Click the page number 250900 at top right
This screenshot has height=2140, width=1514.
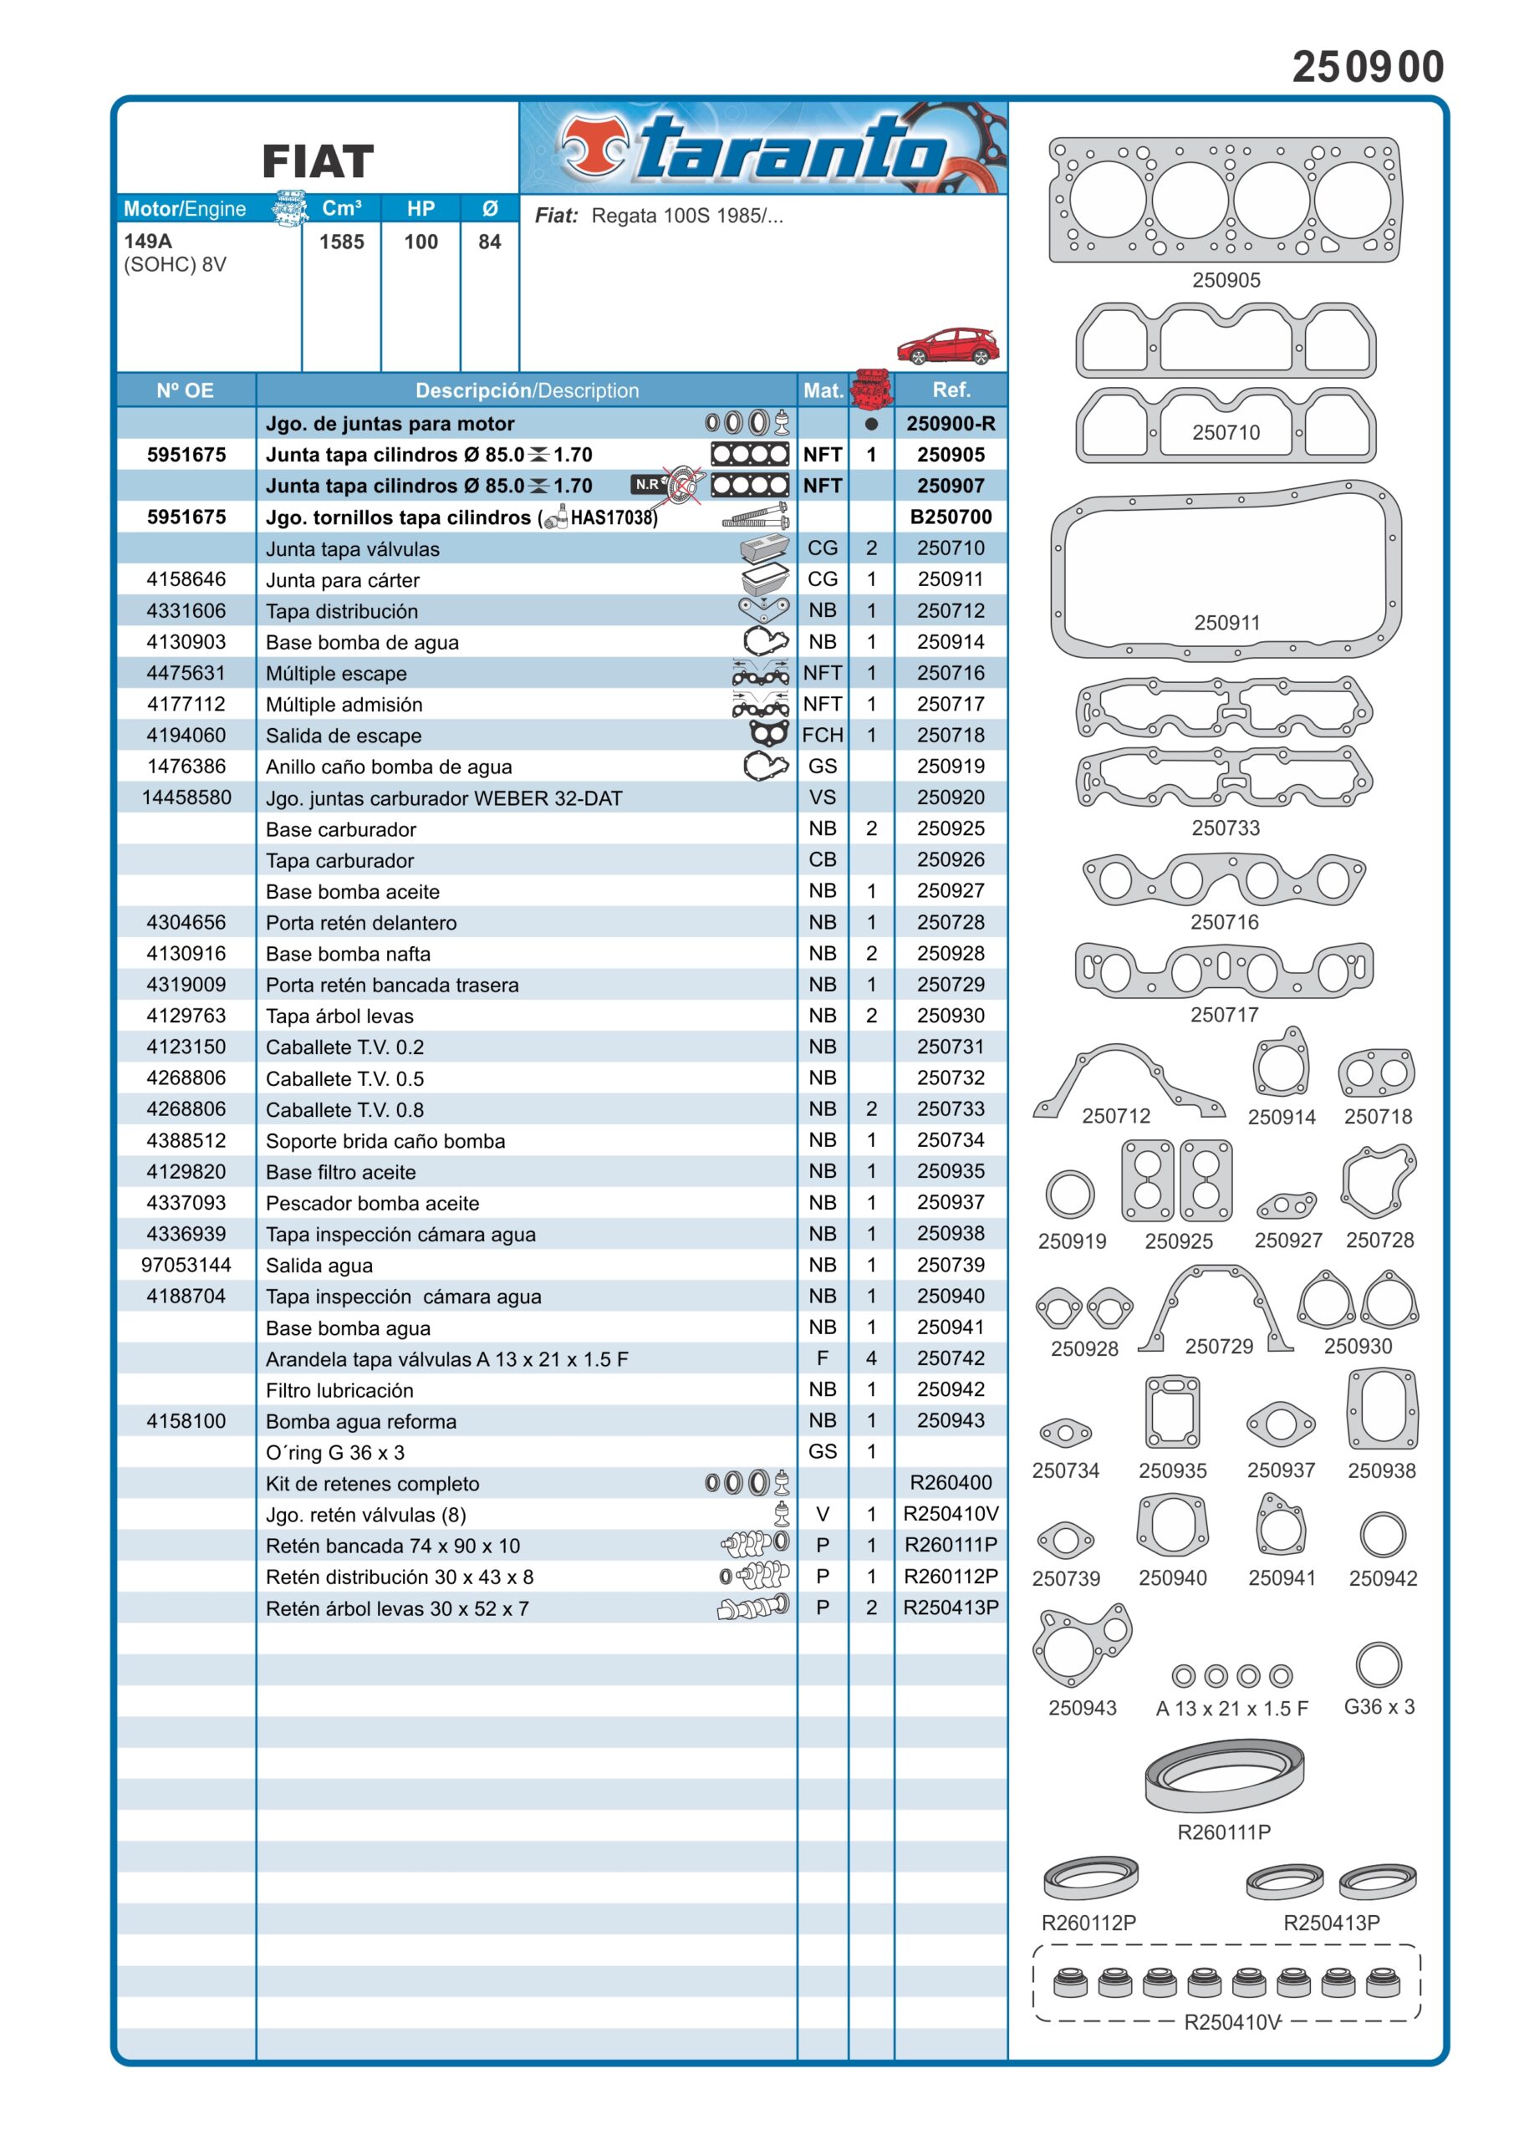(x=1367, y=67)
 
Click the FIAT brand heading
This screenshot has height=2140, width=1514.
(x=318, y=161)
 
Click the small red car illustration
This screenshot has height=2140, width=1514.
(x=946, y=346)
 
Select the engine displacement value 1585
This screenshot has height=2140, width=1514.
(x=341, y=242)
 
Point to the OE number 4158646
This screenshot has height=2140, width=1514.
(x=186, y=578)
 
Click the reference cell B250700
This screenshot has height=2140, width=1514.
(x=950, y=517)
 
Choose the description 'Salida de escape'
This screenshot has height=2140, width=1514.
(x=343, y=736)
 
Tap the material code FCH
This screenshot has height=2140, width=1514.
(x=823, y=736)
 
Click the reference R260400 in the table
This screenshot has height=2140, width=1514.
(x=950, y=1483)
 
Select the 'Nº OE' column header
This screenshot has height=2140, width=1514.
(x=186, y=390)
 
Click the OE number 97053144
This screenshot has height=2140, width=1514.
(x=186, y=1265)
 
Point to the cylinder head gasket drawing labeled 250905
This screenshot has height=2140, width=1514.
(x=1225, y=201)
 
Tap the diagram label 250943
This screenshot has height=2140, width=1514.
(x=1082, y=1708)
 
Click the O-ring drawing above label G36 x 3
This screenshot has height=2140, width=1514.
(x=1378, y=1664)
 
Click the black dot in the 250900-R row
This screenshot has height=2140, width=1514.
(x=871, y=424)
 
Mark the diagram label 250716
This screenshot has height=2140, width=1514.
(x=1224, y=922)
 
